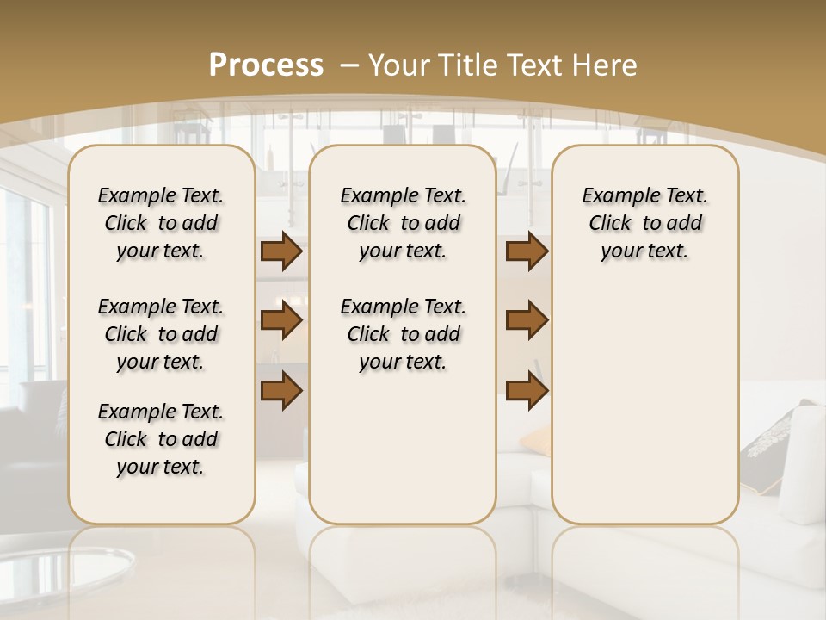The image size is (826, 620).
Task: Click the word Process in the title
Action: tap(266, 65)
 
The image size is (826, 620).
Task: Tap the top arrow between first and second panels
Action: tap(280, 251)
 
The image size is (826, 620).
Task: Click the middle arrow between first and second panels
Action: tap(280, 321)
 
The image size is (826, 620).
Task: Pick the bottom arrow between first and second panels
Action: tap(280, 390)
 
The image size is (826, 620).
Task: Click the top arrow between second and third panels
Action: tap(527, 251)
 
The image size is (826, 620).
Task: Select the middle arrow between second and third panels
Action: tap(527, 321)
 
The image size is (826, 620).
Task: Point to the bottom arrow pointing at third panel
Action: tap(527, 390)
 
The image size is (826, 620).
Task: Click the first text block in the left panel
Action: tap(161, 223)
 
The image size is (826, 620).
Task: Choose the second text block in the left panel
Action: tap(161, 334)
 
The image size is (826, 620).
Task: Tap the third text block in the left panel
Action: tap(161, 439)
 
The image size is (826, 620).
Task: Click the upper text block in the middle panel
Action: tap(403, 223)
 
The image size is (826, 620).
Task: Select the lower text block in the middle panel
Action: tap(403, 334)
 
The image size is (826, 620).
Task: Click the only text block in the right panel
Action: tap(644, 223)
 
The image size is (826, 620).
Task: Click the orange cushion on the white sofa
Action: tap(534, 441)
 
